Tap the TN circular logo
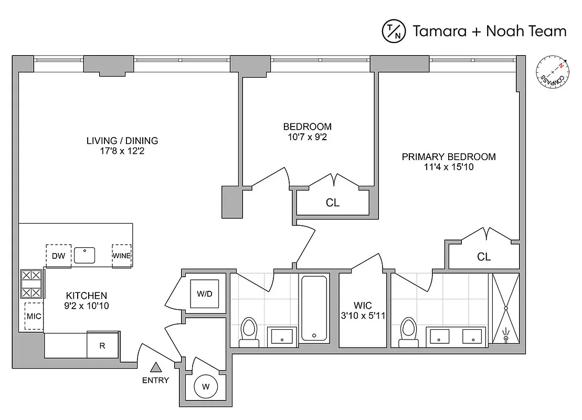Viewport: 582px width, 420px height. pos(394,31)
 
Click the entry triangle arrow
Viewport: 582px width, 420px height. pos(156,368)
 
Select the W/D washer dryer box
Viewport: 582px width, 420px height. pos(205,294)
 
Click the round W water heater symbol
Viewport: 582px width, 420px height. pos(205,388)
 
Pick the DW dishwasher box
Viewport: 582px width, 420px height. pos(58,256)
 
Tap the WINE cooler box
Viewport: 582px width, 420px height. pos(121,256)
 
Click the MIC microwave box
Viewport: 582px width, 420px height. pos(34,317)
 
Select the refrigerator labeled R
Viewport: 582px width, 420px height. pos(103,345)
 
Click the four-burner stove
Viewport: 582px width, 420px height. pos(31,284)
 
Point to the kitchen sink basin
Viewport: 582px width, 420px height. pos(84,256)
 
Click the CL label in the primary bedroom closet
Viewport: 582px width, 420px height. pos(483,257)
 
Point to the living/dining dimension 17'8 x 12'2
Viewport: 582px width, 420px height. pos(122,151)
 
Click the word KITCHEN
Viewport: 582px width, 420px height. pos(87,296)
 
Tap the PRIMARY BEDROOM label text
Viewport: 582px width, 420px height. pos(449,156)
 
